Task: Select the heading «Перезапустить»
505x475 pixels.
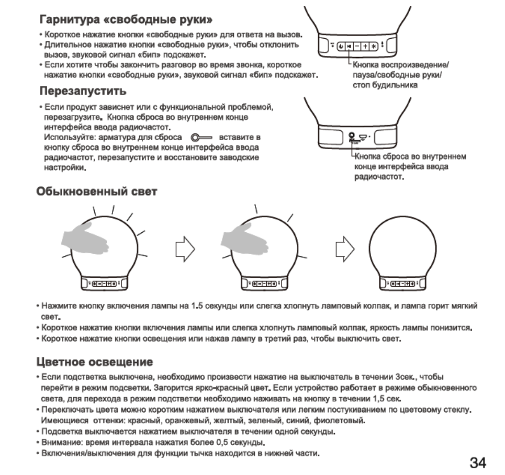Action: click(84, 92)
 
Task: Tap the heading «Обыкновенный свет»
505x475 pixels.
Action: click(96, 191)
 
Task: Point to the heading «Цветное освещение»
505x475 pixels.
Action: click(94, 361)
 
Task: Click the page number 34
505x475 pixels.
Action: click(477, 462)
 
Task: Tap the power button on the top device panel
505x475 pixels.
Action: click(341, 46)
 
